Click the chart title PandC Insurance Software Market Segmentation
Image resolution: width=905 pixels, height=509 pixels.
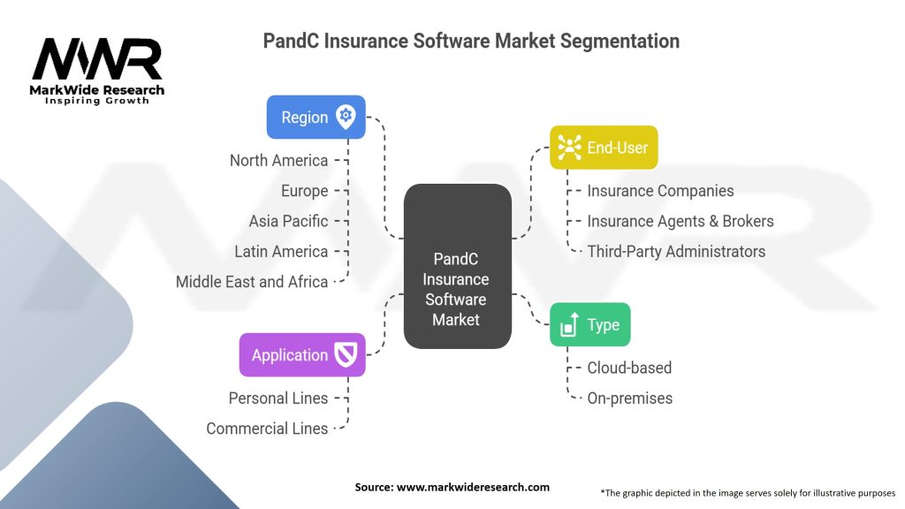[471, 41]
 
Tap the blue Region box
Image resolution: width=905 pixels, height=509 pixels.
[316, 118]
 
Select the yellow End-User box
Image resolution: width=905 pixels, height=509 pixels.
[604, 148]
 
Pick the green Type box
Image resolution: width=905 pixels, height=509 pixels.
[589, 324]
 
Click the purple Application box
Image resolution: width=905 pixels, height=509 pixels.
[301, 355]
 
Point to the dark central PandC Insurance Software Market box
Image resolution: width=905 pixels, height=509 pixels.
[456, 265]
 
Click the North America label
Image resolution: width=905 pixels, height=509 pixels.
[278, 161]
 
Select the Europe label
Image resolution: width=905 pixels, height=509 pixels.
[304, 191]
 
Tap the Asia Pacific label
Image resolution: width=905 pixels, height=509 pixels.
[288, 221]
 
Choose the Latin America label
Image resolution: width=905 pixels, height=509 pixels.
[281, 251]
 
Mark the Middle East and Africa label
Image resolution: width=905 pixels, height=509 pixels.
[252, 282]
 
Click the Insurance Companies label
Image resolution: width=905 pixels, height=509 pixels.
[660, 191]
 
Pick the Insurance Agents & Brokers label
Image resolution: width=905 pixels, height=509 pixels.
[681, 221]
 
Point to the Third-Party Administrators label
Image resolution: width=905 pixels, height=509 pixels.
[676, 251]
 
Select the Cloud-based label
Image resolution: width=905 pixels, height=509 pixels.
[629, 368]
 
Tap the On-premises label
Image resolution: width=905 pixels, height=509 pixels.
[629, 398]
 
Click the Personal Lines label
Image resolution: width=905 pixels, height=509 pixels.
[278, 398]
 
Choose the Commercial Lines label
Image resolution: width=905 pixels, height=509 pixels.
[267, 428]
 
